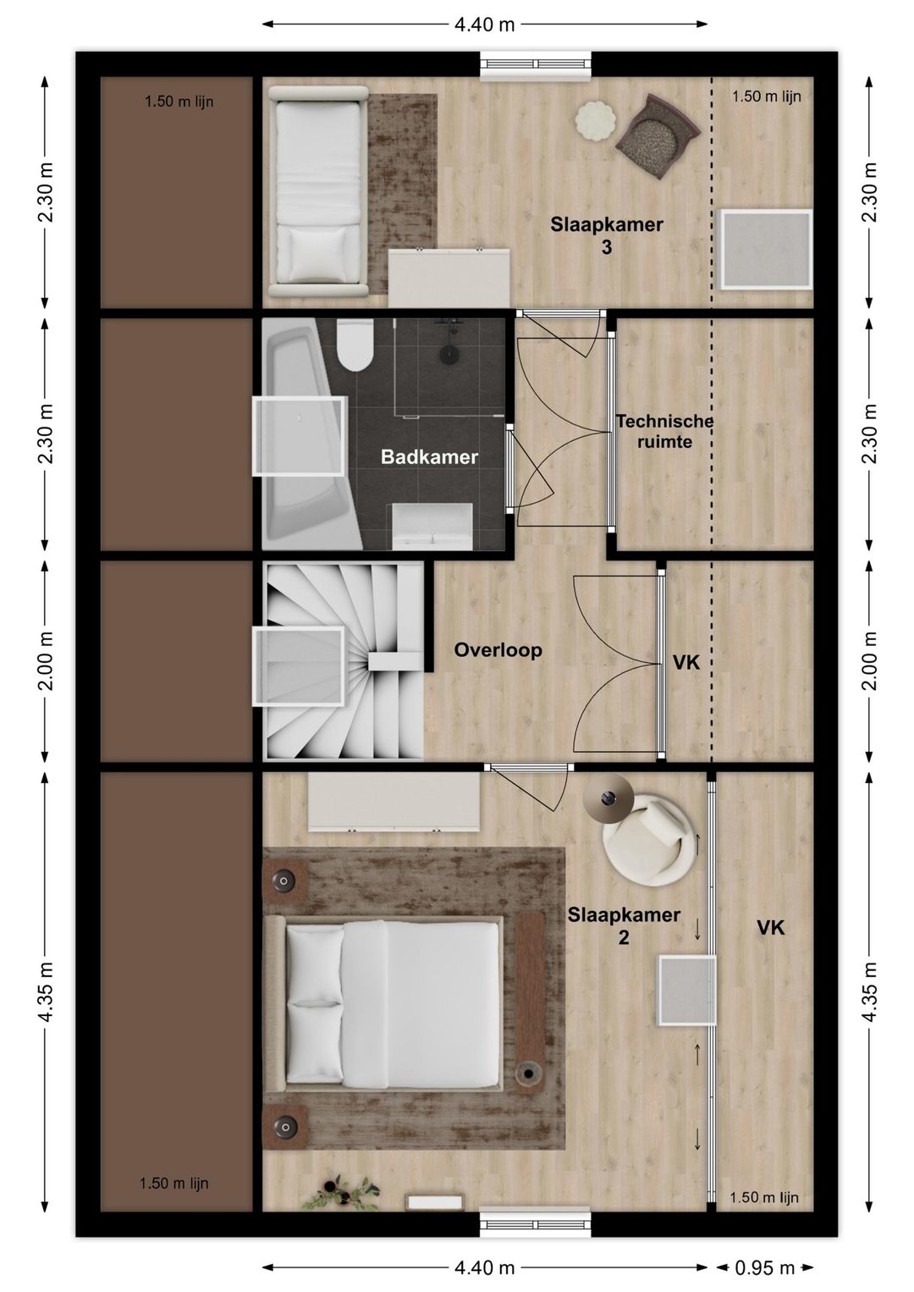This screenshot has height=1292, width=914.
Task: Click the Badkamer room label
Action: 429,457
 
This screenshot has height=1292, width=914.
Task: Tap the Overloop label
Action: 498,650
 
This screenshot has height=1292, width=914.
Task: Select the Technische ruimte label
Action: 664,432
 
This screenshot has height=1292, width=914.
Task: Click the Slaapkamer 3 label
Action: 607,235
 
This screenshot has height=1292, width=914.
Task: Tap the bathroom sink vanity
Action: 432,526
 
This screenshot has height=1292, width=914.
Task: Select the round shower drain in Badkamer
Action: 448,354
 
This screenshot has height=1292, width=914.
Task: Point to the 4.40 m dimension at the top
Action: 484,25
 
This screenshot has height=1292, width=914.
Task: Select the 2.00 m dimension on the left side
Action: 47,660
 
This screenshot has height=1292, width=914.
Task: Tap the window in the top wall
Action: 537,65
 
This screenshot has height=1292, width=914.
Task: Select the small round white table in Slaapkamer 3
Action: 596,119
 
